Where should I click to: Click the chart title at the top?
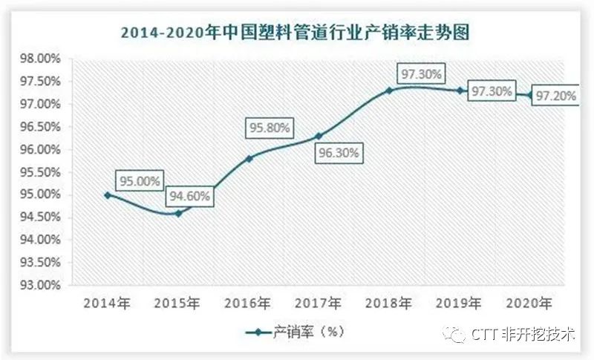tap(297, 33)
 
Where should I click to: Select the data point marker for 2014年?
tap(108, 194)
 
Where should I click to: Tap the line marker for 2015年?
tap(178, 213)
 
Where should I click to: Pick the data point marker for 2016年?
tap(249, 158)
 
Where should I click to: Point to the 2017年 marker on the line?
tap(319, 136)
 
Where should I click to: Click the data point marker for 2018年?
tap(389, 91)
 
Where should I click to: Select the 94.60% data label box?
tap(189, 197)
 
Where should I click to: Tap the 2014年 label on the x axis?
tap(108, 303)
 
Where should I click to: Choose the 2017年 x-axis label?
tap(319, 303)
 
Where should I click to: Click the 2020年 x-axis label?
tap(529, 303)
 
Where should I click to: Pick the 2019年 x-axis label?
tap(459, 303)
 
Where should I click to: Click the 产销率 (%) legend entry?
tap(297, 332)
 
